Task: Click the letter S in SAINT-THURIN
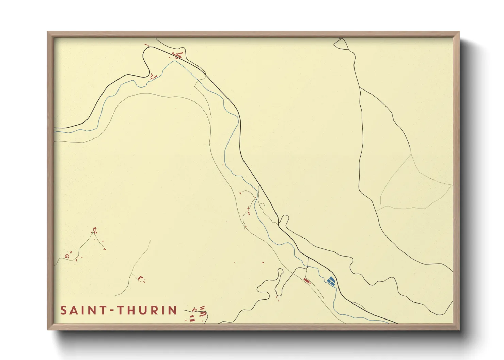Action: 63,310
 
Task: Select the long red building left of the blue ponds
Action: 307,281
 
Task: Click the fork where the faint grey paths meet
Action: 412,154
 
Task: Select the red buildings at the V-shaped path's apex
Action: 94,231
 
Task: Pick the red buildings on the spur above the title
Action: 141,279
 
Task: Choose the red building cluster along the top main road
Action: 177,55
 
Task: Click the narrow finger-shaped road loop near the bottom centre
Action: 279,282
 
